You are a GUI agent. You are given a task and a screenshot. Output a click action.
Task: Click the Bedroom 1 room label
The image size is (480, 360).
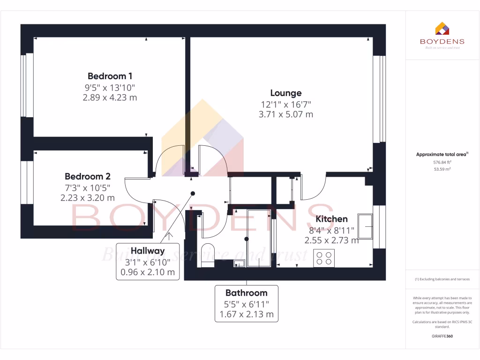point(110,76)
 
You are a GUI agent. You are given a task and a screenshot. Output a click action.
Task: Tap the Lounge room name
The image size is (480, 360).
point(285,93)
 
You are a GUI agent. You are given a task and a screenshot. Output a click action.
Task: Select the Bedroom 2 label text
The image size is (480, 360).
point(87,177)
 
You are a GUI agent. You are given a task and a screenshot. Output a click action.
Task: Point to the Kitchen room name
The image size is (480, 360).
point(331,219)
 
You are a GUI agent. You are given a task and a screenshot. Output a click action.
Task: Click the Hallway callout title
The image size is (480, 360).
point(148,251)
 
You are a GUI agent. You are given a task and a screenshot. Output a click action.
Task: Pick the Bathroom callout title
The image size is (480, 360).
point(246,293)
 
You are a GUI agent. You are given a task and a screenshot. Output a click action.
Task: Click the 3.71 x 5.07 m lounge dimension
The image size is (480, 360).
point(285,114)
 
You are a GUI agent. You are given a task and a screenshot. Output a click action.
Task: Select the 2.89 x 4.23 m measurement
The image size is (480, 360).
point(110,97)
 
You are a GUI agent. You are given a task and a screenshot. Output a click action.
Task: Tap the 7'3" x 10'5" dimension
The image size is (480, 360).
point(87,187)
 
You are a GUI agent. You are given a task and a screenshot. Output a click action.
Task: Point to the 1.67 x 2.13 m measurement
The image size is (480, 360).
point(246,314)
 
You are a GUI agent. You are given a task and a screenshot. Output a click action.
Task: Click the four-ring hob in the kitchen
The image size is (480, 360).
point(324,258)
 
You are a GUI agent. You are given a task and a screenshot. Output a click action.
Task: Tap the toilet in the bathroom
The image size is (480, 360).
point(207,255)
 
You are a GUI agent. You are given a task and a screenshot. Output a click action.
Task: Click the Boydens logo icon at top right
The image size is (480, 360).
point(442,29)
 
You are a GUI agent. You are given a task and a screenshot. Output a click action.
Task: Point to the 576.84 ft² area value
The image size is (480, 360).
point(442,162)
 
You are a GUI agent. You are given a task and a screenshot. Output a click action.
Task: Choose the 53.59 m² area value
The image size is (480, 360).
point(442,169)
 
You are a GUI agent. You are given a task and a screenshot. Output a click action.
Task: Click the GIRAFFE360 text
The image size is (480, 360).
point(442,336)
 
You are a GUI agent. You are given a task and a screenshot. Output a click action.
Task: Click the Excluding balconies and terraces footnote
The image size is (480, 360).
point(442,279)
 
